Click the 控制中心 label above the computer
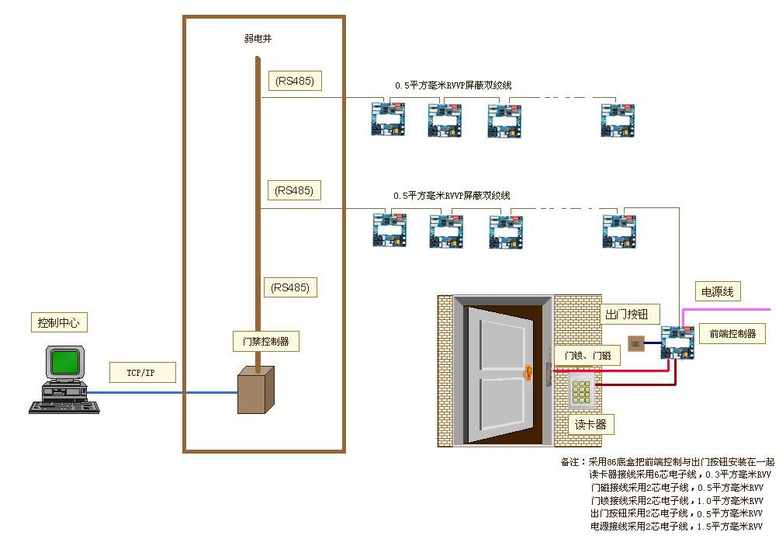pos(59,322)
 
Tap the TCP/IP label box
pos(141,373)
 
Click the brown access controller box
pos(255,390)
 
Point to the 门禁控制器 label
pos(266,341)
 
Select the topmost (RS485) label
pos(294,81)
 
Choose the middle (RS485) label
pos(294,190)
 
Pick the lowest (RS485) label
pos(289,287)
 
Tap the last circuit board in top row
pos(618,120)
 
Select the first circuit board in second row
pos(389,231)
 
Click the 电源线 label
pos(717,292)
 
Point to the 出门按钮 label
pos(630,315)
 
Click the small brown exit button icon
pos(635,342)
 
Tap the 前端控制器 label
pos(732,334)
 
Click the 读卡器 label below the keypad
pos(590,425)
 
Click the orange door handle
pos(529,373)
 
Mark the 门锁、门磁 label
pos(587,355)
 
